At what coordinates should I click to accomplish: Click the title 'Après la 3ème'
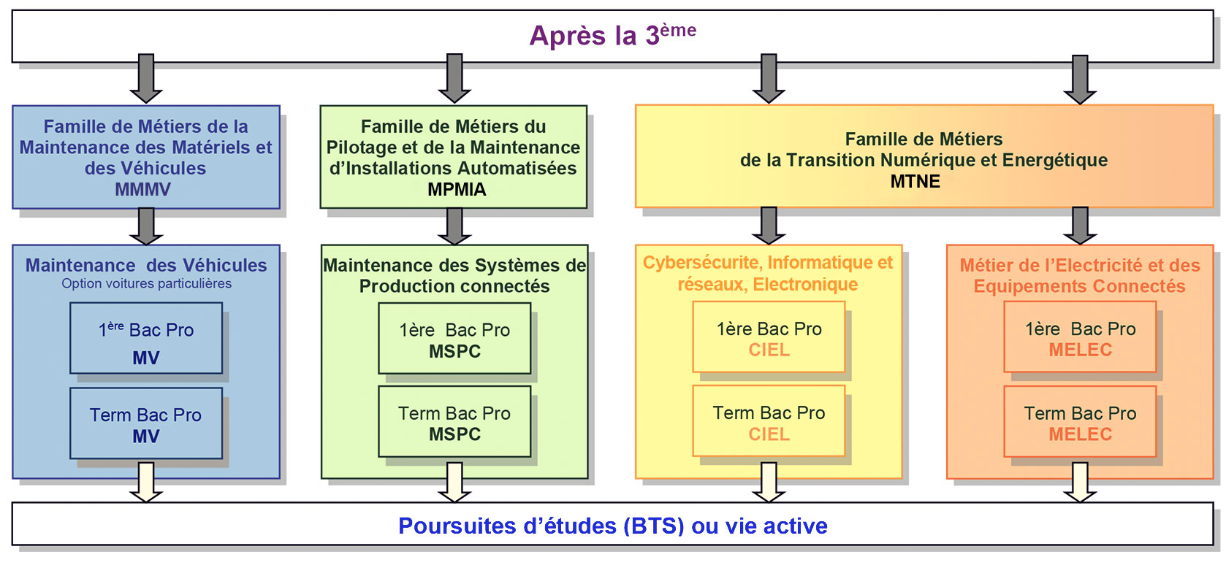click(612, 35)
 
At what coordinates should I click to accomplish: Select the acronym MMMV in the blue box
click(143, 189)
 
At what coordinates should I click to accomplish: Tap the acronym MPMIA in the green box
click(457, 189)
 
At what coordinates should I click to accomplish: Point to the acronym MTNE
click(915, 182)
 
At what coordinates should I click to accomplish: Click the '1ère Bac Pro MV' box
click(146, 339)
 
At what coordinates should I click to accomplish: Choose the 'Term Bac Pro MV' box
click(146, 423)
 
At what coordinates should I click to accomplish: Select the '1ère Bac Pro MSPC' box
click(454, 339)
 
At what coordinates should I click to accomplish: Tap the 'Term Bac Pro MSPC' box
click(454, 422)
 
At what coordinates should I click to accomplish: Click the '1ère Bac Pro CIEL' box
click(769, 337)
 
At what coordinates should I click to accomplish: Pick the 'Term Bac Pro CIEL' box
click(769, 421)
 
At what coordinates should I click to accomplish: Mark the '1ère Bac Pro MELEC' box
click(1080, 337)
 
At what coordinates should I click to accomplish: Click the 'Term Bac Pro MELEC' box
click(1080, 422)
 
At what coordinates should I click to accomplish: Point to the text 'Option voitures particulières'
click(146, 284)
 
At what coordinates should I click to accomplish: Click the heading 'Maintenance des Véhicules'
click(146, 265)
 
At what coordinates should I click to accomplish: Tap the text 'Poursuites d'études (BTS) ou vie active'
click(612, 526)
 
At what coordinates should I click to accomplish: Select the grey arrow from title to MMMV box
click(146, 77)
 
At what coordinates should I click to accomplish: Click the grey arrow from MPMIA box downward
click(454, 226)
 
